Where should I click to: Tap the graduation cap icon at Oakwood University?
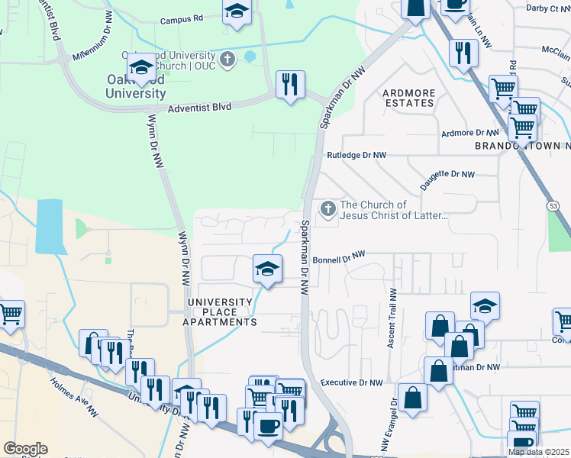click(x=141, y=66)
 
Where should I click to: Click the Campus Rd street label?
click(x=182, y=18)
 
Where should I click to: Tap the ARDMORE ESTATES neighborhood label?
click(x=410, y=98)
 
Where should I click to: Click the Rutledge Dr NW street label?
click(x=356, y=155)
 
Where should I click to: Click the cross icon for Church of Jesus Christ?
click(x=327, y=208)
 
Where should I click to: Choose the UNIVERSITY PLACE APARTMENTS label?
click(x=223, y=312)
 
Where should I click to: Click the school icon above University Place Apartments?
click(x=267, y=269)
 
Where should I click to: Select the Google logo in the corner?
click(x=24, y=449)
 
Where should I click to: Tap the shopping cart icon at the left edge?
click(x=10, y=314)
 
